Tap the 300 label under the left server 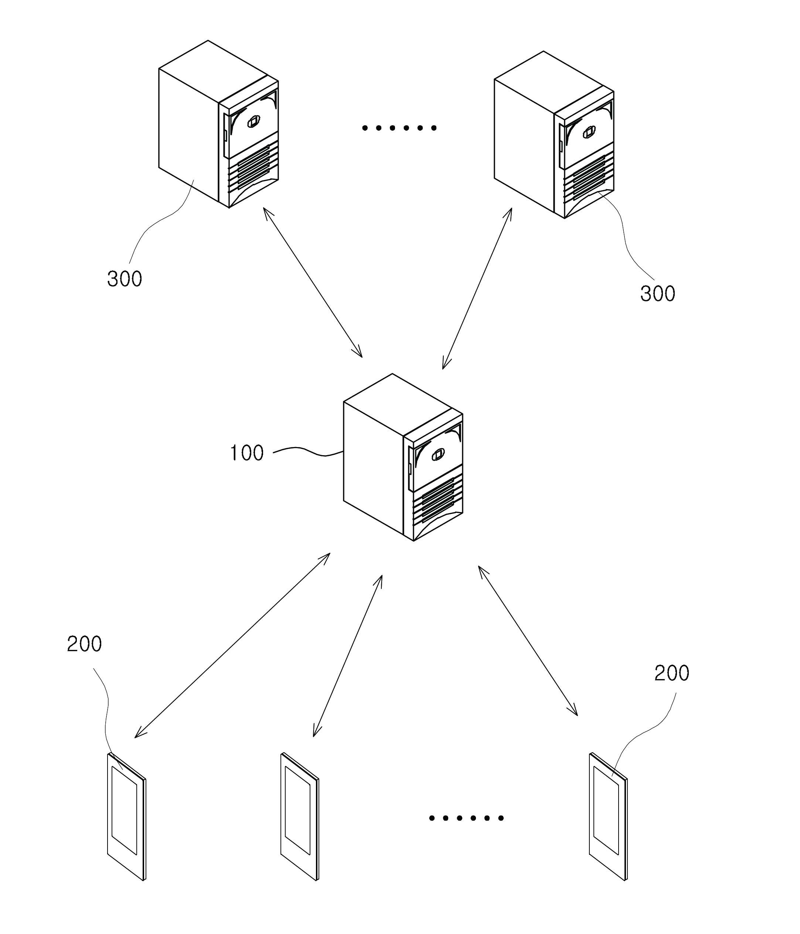coord(125,279)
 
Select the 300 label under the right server coord(657,293)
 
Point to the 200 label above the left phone coord(84,644)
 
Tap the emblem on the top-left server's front coord(253,122)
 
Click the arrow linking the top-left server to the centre coord(313,282)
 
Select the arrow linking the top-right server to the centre coord(477,289)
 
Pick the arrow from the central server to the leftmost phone coord(232,645)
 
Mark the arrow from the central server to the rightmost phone coord(528,641)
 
